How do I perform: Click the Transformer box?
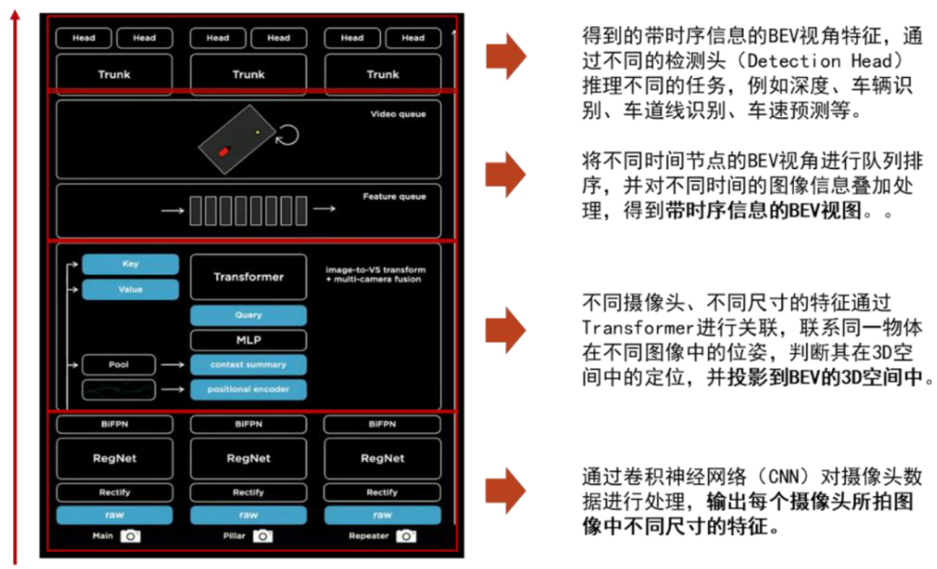coord(248,277)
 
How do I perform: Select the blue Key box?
coord(130,264)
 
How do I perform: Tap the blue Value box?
coord(130,290)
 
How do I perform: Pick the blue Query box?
coord(248,315)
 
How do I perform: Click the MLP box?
coord(248,339)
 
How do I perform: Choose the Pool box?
coord(119,364)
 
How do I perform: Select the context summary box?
coord(248,364)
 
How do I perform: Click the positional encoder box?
coord(248,389)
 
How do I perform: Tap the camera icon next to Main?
coord(130,536)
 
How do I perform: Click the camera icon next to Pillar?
coord(263,536)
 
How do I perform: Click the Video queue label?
coord(398,114)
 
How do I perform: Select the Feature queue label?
coord(394,197)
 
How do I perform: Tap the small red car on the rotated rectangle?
coord(224,152)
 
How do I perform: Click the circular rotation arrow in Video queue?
coord(288,135)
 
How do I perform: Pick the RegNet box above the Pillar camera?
coord(248,458)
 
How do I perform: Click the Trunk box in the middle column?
coord(248,74)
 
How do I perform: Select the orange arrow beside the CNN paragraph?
coord(505,491)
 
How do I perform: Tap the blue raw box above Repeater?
coord(382,514)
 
